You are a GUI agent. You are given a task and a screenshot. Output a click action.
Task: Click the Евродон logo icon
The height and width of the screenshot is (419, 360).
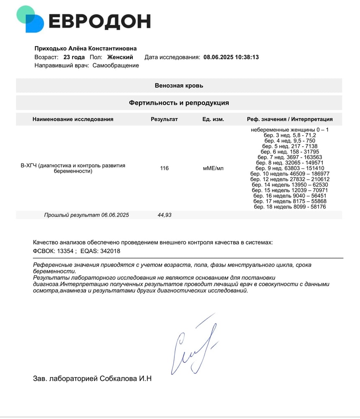[30, 19]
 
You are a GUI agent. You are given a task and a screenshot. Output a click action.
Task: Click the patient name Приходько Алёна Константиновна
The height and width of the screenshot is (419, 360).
[85, 49]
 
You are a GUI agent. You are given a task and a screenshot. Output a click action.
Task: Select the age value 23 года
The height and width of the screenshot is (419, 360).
[74, 57]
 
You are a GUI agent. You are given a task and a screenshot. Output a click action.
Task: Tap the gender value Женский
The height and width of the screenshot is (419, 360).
[120, 57]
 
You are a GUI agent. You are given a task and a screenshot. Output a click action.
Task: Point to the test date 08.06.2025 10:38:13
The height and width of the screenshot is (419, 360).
[231, 57]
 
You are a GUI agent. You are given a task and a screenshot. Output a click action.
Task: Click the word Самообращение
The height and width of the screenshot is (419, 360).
[116, 65]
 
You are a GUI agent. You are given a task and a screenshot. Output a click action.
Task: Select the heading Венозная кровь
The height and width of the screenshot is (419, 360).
[179, 85]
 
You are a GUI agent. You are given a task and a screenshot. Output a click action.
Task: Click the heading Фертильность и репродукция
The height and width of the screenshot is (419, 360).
[179, 103]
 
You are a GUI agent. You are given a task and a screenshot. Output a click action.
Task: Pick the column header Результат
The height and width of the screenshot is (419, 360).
[164, 119]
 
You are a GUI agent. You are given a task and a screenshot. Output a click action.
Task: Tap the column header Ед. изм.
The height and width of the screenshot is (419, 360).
[213, 119]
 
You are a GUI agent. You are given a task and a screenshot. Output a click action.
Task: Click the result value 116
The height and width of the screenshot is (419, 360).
[164, 168]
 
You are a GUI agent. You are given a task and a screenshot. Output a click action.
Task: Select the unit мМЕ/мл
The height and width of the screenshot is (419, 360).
[213, 168]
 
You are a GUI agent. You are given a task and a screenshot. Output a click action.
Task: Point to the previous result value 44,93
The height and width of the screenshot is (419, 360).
[164, 215]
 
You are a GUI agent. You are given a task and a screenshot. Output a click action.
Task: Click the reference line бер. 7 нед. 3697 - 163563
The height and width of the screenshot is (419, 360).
[290, 157]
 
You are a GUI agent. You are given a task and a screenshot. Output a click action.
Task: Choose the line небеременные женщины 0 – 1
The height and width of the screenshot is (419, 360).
[290, 130]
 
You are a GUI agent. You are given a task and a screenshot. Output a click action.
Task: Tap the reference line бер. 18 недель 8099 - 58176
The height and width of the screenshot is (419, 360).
[290, 207]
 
